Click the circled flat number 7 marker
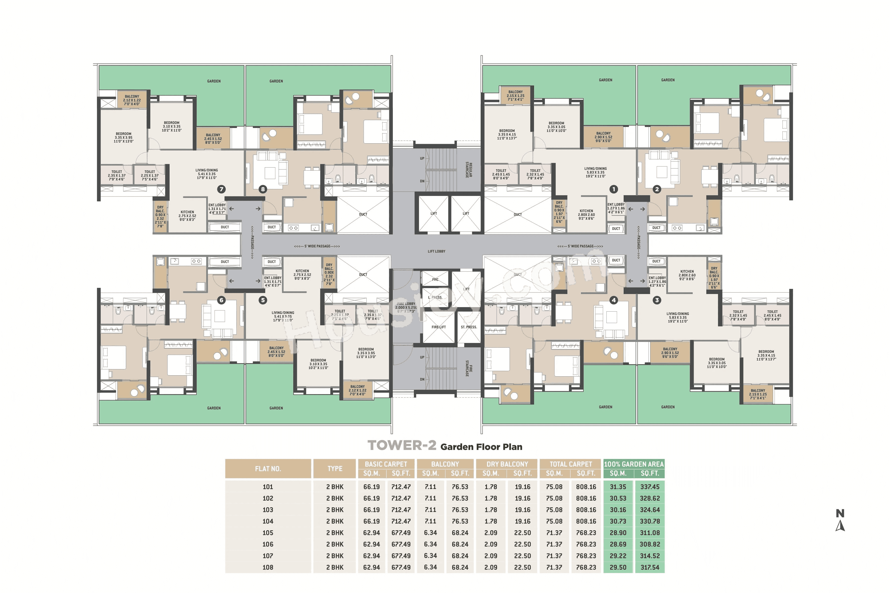click(221, 189)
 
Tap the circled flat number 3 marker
click(657, 300)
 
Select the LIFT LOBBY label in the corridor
click(436, 251)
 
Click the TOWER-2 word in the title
click(402, 445)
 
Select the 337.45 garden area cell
click(649, 487)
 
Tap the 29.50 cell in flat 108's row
click(618, 567)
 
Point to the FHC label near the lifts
click(435, 279)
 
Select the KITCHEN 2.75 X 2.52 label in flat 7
click(187, 215)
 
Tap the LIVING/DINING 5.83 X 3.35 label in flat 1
click(595, 172)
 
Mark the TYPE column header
click(334, 468)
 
